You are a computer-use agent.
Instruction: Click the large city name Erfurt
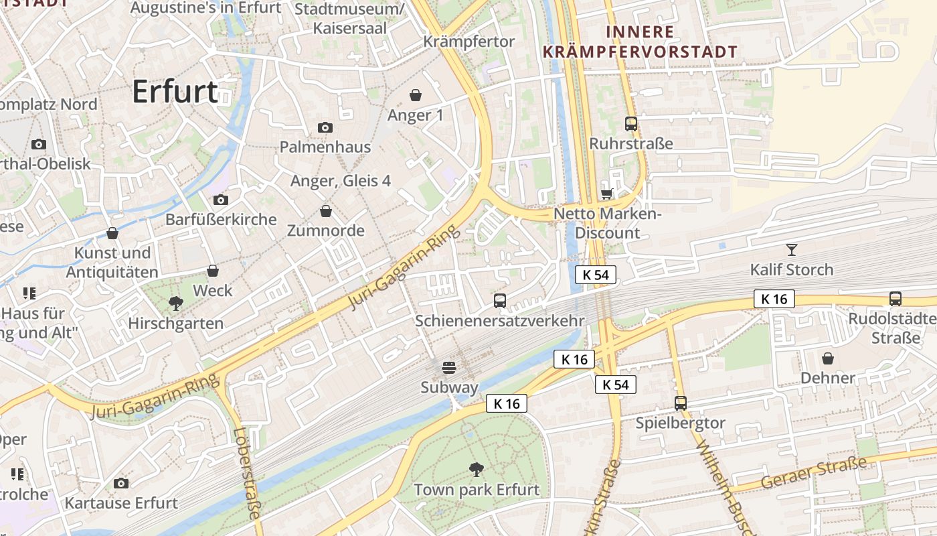(175, 92)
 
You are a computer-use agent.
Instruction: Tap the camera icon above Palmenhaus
(325, 127)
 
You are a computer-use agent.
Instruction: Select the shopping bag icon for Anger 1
(416, 95)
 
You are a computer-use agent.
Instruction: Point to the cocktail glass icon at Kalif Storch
(792, 250)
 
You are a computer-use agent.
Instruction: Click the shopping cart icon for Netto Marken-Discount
(606, 194)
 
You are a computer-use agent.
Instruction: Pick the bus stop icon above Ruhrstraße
(630, 124)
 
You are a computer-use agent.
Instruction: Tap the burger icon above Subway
(449, 367)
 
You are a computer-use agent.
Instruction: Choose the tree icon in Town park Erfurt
(477, 469)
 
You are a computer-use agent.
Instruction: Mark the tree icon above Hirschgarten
(176, 304)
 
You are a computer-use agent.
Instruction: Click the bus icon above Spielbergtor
(681, 403)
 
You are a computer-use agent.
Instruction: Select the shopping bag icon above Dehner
(828, 358)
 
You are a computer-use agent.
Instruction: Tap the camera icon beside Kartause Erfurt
(121, 483)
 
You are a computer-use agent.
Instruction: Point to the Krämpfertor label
(469, 42)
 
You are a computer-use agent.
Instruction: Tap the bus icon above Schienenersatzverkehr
(500, 301)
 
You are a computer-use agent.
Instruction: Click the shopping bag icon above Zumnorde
(326, 211)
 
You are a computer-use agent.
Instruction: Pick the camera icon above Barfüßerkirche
(220, 200)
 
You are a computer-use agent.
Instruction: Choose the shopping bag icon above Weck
(213, 271)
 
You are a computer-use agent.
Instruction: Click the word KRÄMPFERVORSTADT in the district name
(640, 52)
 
